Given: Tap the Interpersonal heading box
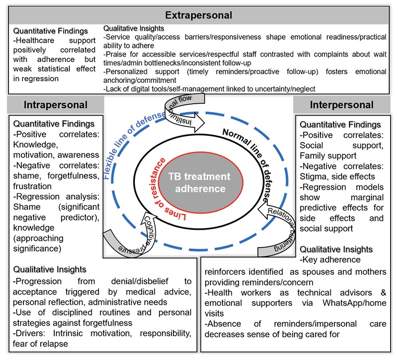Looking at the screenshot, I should (x=342, y=105).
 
